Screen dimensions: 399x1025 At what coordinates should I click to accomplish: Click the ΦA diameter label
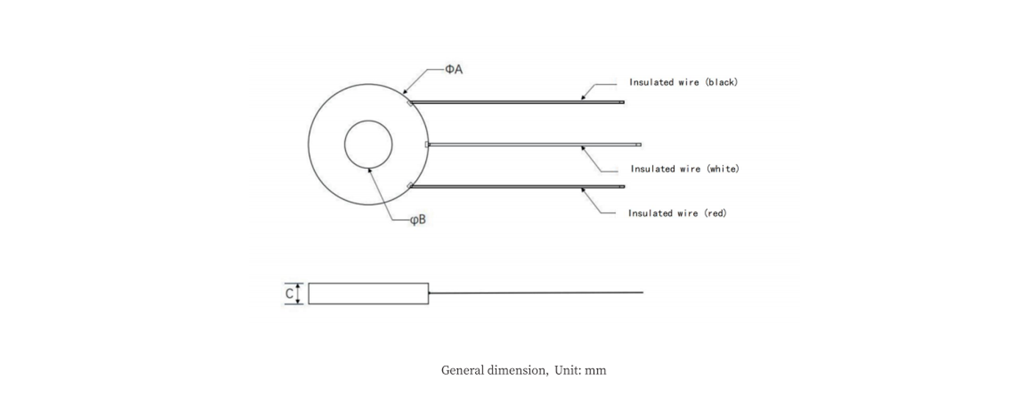453,69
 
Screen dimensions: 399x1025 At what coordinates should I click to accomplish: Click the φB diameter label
417,219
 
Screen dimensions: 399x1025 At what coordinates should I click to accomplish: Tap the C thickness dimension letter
289,294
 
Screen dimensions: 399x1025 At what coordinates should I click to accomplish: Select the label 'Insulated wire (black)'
683,82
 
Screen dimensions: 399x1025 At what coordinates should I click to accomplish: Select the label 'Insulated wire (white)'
684,169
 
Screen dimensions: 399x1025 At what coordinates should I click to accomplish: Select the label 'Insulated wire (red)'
677,213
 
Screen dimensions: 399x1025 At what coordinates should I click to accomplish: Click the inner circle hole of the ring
368,144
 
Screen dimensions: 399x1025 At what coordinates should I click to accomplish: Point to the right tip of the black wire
623,102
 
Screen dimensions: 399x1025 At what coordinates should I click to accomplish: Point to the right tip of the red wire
623,187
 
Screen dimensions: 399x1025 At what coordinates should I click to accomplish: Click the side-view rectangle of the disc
368,293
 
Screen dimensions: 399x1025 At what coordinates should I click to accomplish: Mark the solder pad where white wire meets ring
427,144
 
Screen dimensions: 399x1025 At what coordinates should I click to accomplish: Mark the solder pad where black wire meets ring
410,103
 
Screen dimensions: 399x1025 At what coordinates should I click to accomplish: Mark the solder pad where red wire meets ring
410,185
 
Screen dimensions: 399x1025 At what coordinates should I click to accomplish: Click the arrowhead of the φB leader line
370,168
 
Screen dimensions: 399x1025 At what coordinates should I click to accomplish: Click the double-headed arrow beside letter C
299,293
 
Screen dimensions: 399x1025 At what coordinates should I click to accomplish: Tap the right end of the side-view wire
642,292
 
